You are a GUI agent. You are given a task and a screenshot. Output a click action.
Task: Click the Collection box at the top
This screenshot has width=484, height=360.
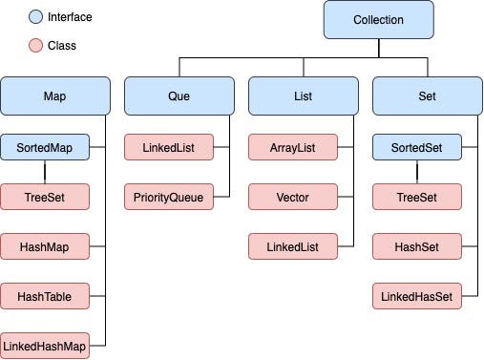[x=378, y=19]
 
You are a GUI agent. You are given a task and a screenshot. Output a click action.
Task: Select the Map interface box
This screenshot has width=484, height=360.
[x=54, y=96]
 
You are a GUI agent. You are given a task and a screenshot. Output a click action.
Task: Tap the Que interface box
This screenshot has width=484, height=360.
[x=179, y=96]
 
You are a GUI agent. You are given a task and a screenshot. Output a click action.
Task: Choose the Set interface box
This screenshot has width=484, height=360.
[x=427, y=96]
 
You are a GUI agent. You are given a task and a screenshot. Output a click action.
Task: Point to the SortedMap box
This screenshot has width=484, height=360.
[x=45, y=148]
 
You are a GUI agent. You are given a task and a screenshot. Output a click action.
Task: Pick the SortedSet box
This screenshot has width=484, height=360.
[x=417, y=148]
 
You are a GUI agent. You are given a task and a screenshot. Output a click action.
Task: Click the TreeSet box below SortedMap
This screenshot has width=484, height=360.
[x=45, y=198]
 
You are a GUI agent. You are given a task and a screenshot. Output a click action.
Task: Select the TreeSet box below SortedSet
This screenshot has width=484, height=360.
[x=417, y=198]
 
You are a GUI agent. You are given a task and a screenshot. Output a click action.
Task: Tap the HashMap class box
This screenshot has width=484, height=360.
[x=45, y=247]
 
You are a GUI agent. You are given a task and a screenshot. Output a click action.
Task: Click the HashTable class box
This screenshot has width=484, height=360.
[x=45, y=297]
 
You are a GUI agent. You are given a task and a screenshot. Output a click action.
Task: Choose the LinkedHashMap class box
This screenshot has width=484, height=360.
[x=45, y=345]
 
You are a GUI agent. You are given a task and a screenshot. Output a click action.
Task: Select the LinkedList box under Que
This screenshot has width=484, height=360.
[x=169, y=148]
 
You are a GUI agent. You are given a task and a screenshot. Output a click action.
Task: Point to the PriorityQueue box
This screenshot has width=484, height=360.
[x=169, y=198]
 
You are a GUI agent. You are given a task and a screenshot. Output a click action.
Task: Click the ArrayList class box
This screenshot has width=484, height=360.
[x=293, y=148]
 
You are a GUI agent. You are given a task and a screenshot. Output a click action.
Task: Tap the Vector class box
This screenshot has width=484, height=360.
[x=293, y=198]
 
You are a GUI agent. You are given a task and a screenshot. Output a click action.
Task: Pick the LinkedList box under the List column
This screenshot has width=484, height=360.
[x=293, y=247]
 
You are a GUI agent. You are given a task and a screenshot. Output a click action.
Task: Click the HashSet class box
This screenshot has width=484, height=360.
[x=417, y=247]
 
